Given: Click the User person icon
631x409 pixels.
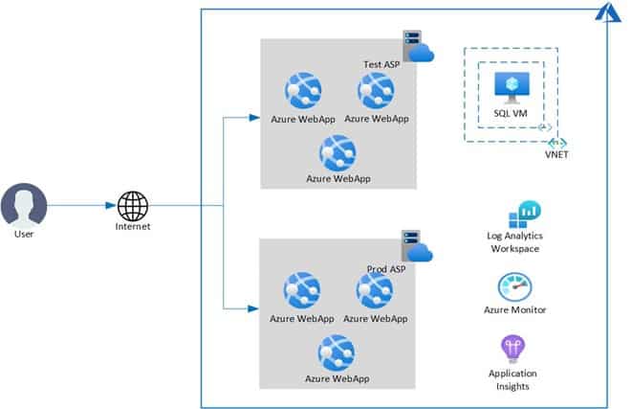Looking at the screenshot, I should [x=24, y=205].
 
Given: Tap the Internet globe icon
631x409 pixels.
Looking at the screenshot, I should [x=132, y=205].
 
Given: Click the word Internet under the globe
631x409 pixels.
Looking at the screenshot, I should [x=132, y=227].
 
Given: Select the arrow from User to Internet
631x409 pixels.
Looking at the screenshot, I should [x=81, y=205].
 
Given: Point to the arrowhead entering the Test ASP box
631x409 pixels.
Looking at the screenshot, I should [x=254, y=118].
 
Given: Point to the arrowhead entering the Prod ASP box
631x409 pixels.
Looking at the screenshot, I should [x=254, y=308].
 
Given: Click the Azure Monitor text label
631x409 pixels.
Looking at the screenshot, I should [x=516, y=310].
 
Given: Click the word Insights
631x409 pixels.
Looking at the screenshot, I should [x=512, y=386].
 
